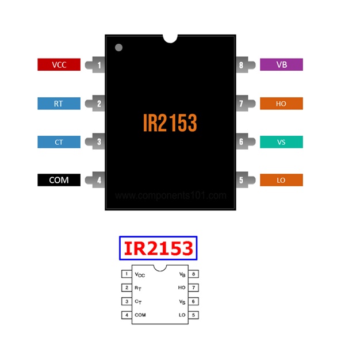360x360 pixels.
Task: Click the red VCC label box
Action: click(x=59, y=64)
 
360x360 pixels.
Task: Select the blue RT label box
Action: click(x=59, y=104)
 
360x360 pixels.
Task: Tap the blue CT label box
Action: click(x=59, y=141)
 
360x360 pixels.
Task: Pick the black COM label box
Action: click(x=59, y=180)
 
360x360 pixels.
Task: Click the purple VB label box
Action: click(x=281, y=64)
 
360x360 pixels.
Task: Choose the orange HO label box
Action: click(x=281, y=104)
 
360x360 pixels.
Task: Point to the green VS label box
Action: click(x=281, y=141)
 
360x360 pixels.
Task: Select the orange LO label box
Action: click(x=281, y=180)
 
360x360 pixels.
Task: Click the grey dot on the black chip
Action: click(x=118, y=47)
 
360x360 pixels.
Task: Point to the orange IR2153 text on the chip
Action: click(x=170, y=122)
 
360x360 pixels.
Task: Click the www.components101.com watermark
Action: click(x=171, y=196)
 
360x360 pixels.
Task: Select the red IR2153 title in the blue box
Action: click(x=158, y=248)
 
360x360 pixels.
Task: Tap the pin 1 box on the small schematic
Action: click(x=126, y=274)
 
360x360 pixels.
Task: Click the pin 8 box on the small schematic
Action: click(x=195, y=274)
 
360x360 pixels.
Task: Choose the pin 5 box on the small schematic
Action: click(x=195, y=315)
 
